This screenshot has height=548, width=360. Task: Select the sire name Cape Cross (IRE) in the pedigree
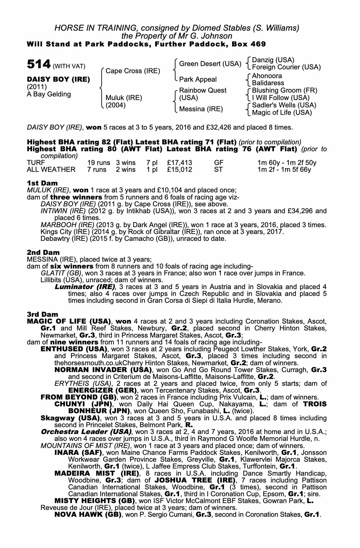(x=133, y=71)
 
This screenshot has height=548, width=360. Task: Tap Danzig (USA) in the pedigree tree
(x=273, y=60)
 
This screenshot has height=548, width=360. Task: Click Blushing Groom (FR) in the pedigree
(x=284, y=90)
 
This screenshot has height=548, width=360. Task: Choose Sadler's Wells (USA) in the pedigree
(x=284, y=105)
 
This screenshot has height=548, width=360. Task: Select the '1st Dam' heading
(x=42, y=183)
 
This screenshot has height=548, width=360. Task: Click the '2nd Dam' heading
(x=43, y=252)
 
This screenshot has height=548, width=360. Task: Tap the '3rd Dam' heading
(x=42, y=314)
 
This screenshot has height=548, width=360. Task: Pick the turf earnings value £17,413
(x=180, y=163)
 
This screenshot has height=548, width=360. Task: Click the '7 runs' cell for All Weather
(x=97, y=170)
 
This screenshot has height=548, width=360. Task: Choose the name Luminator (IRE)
(x=85, y=287)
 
